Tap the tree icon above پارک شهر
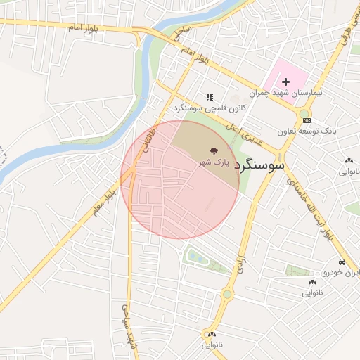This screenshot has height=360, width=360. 212,150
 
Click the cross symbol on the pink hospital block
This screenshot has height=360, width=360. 285,82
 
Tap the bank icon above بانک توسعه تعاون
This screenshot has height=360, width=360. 307,120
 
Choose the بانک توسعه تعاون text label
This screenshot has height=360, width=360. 307,131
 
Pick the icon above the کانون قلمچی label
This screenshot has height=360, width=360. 209,97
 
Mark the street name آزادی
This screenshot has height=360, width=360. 238,256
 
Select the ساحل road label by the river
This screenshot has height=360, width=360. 183,32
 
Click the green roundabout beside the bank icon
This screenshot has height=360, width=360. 304,112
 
